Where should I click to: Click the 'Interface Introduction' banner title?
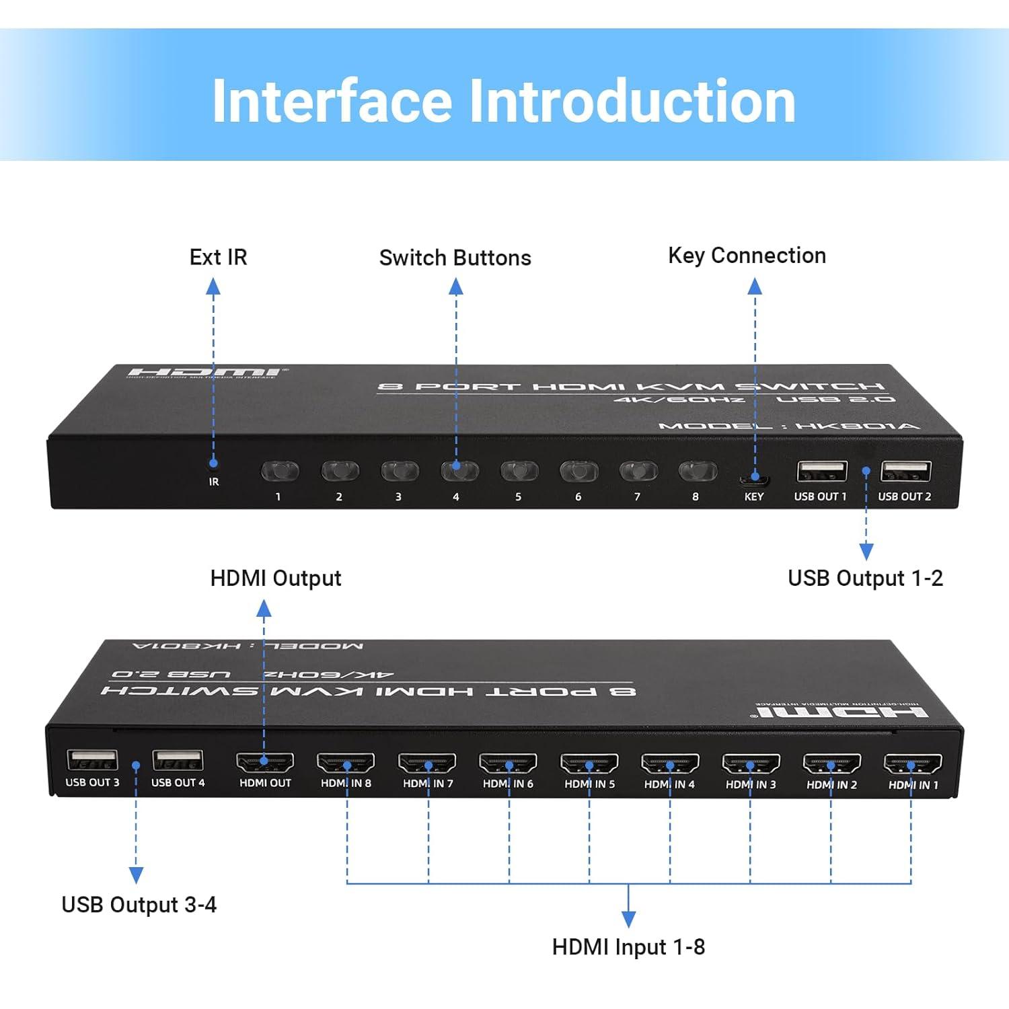pyautogui.click(x=504, y=101)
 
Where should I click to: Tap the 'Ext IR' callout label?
pyautogui.click(x=218, y=257)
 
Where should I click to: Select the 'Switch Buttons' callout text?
pyautogui.click(x=455, y=258)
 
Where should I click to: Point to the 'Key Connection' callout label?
pyautogui.click(x=747, y=256)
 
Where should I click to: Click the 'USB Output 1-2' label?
pyautogui.click(x=865, y=578)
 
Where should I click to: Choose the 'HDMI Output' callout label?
pyautogui.click(x=276, y=578)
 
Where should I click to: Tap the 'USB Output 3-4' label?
pyautogui.click(x=139, y=905)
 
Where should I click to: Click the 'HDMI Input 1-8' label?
pyautogui.click(x=628, y=947)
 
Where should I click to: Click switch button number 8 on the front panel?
pyautogui.click(x=698, y=471)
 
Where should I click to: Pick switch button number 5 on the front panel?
pyautogui.click(x=519, y=471)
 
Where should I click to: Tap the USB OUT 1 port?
pyautogui.click(x=821, y=471)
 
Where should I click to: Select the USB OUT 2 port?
pyautogui.click(x=905, y=471)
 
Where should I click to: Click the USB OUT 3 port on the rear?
pyautogui.click(x=93, y=760)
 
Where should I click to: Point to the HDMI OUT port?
pyautogui.click(x=265, y=763)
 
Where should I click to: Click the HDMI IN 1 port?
pyautogui.click(x=912, y=764)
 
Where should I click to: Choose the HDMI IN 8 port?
pyautogui.click(x=346, y=763)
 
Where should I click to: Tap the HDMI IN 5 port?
pyautogui.click(x=589, y=763)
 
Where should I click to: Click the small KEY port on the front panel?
pyautogui.click(x=754, y=480)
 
